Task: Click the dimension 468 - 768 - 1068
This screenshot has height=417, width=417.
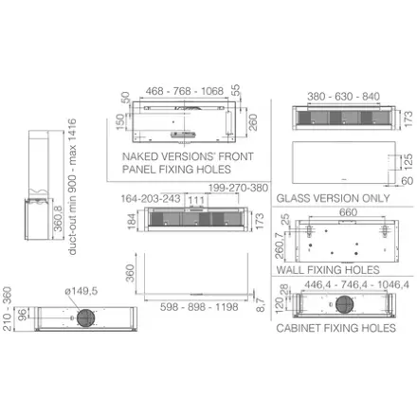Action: click(185, 91)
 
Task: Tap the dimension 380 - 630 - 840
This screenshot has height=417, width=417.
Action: click(343, 97)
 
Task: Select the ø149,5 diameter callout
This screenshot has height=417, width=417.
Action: click(82, 291)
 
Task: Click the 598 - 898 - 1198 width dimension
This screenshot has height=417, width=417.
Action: click(199, 307)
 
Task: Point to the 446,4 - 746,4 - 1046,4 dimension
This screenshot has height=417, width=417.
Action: click(356, 284)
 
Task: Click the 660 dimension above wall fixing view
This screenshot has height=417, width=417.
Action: click(348, 212)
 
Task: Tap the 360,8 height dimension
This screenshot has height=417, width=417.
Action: click(59, 219)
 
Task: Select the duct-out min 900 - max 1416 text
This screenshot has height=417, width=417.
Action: click(72, 187)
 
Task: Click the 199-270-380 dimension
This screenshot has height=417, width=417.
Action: click(238, 188)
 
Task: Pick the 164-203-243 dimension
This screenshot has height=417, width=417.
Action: click(151, 199)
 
